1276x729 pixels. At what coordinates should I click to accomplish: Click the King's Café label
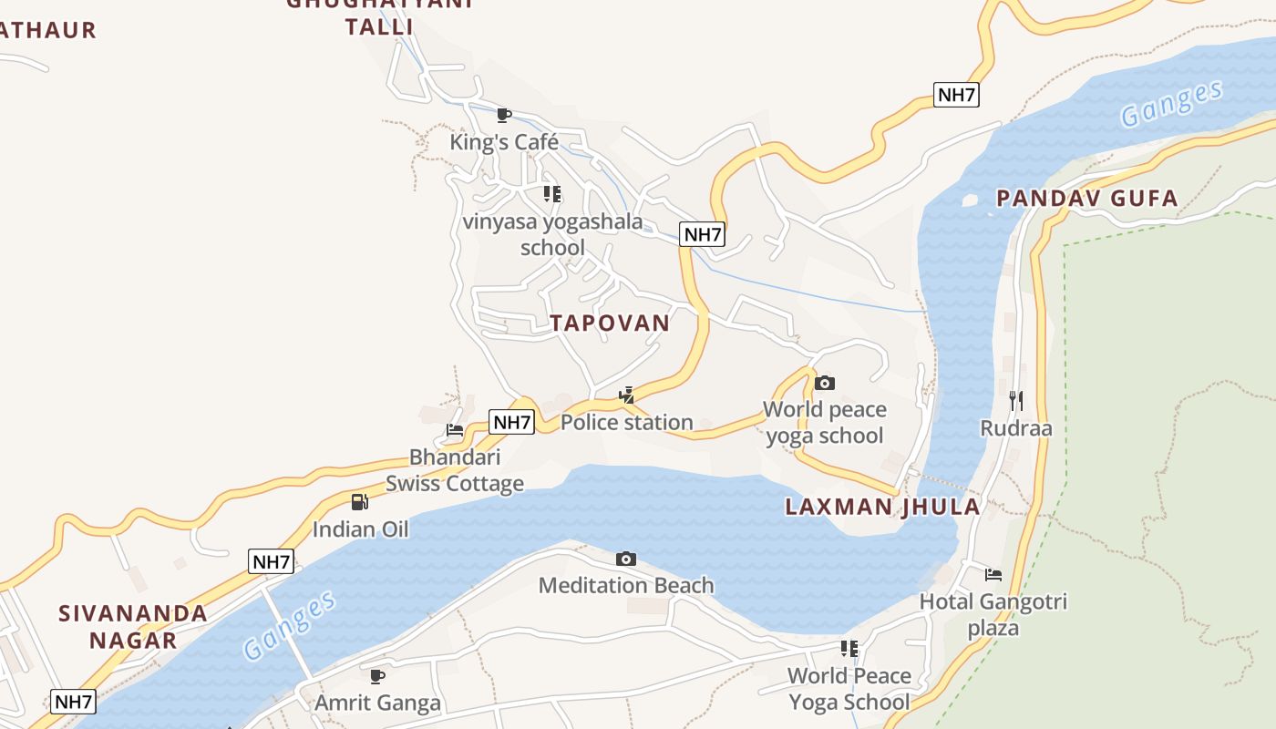click(503, 142)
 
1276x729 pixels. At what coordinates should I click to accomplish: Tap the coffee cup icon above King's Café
click(503, 115)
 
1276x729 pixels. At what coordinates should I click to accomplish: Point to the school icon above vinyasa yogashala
click(552, 193)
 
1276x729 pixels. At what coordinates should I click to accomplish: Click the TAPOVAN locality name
click(610, 323)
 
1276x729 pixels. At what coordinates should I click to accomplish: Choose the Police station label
click(626, 422)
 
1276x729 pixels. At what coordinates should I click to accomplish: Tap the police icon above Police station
click(626, 395)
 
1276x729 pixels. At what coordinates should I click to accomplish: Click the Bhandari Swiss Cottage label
click(454, 470)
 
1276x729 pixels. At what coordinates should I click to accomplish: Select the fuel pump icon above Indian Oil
click(360, 502)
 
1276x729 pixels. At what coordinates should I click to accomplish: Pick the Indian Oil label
click(360, 529)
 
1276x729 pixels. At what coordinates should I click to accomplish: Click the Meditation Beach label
click(626, 585)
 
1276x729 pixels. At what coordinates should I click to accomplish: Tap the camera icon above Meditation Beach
click(626, 559)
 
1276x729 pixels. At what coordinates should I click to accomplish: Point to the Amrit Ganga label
click(377, 703)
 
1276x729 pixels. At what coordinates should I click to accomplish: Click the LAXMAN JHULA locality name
click(882, 507)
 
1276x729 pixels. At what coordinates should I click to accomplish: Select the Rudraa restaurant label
click(1016, 428)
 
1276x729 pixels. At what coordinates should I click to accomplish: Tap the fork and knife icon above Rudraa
click(1016, 400)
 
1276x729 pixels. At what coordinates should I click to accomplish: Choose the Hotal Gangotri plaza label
click(993, 614)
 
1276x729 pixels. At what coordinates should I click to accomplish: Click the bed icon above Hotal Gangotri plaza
click(993, 575)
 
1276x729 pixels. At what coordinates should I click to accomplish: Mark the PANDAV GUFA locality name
click(1086, 198)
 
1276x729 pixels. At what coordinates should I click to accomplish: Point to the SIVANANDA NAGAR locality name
click(133, 626)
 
